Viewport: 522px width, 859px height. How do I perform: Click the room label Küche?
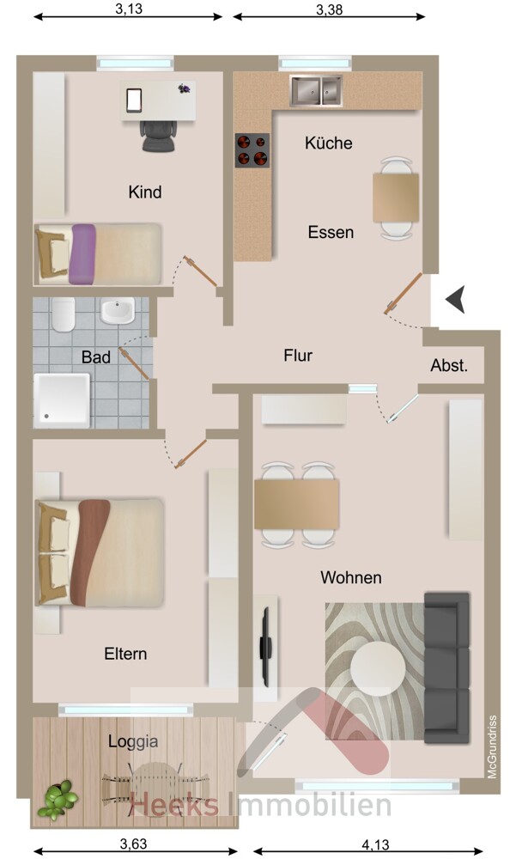(328, 143)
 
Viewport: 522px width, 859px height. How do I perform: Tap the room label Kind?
(144, 192)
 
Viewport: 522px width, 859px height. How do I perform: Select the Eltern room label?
(125, 654)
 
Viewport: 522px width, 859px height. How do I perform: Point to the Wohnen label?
(350, 577)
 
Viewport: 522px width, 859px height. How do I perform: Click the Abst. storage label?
(449, 366)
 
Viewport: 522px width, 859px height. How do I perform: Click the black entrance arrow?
(454, 300)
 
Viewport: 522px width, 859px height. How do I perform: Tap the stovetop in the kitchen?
(252, 149)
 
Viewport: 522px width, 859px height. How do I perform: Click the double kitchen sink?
(316, 89)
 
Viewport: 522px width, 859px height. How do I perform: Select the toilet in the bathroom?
(63, 315)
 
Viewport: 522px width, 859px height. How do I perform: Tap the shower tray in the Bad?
(62, 399)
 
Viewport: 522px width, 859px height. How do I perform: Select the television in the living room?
(267, 646)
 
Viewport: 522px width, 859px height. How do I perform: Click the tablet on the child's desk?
(133, 100)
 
